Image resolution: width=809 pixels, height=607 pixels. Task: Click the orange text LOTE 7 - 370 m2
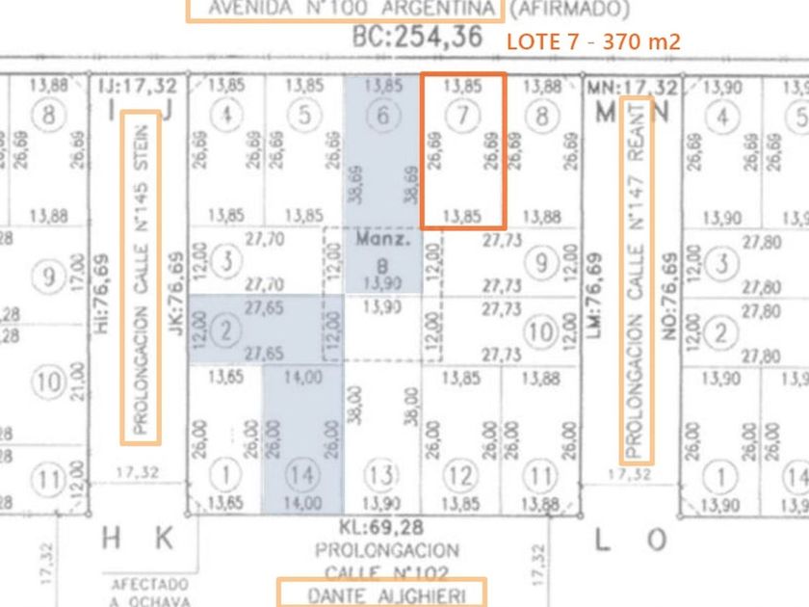(x=593, y=41)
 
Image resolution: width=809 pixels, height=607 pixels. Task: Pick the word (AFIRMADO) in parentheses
(x=569, y=9)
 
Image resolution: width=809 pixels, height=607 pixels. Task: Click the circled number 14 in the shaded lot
(x=302, y=474)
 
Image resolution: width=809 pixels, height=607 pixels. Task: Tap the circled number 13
(x=383, y=474)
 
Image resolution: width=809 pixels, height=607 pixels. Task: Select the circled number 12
(x=463, y=474)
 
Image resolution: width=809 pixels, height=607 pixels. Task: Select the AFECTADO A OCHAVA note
(x=149, y=593)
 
